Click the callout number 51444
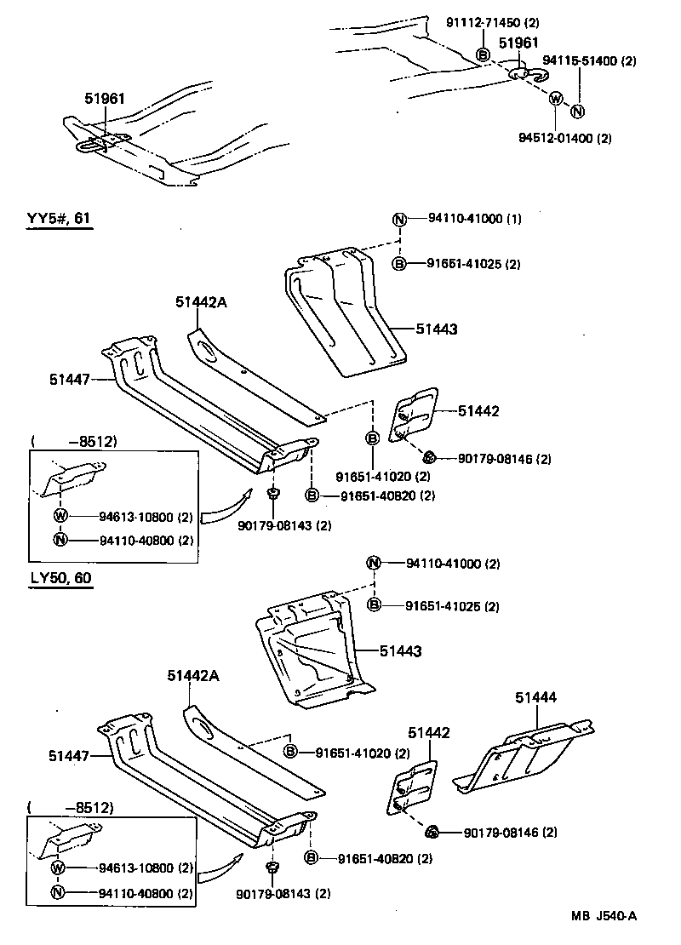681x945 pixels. click(x=535, y=698)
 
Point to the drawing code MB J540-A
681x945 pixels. click(x=604, y=916)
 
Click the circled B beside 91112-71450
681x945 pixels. click(x=483, y=55)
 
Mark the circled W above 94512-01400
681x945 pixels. click(x=555, y=99)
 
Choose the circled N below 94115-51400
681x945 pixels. click(x=578, y=111)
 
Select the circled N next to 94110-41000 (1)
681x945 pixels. click(x=398, y=219)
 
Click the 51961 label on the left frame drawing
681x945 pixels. click(x=104, y=99)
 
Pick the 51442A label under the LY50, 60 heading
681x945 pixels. click(x=192, y=676)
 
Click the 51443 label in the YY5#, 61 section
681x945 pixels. click(x=437, y=329)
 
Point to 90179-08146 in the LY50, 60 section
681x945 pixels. click(x=509, y=832)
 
